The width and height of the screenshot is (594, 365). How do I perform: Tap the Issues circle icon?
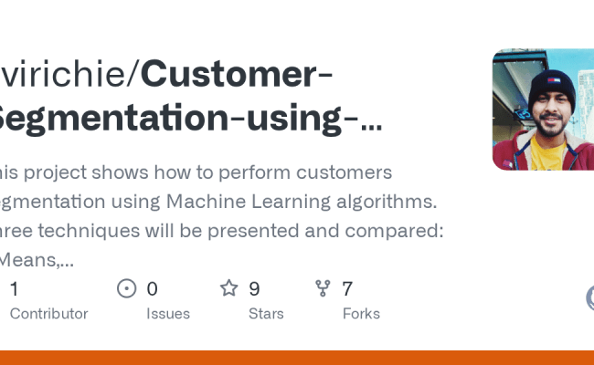127,289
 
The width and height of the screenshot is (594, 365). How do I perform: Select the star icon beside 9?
228,289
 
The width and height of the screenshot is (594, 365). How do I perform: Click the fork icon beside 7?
323,289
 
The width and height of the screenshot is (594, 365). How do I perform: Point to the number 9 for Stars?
254,289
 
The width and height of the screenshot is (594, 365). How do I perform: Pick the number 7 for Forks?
347,289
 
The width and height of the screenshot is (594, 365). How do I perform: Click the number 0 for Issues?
152,289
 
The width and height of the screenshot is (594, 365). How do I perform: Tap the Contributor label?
48,314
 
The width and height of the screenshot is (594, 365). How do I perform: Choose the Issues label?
168,314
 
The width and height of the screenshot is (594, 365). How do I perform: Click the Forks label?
361,314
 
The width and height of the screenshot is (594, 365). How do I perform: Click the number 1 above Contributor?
14,289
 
